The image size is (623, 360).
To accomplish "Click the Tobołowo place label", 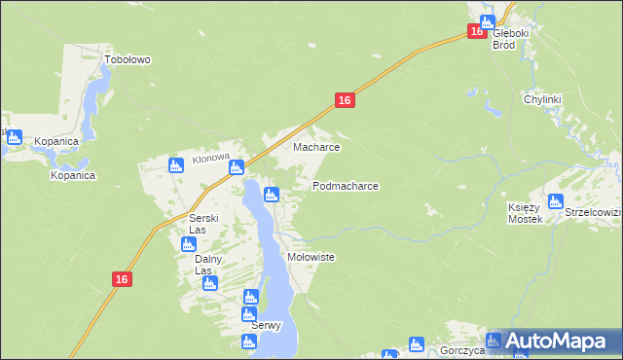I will click(x=128, y=59).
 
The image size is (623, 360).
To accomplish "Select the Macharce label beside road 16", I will click(x=316, y=148).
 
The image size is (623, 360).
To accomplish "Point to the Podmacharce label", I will click(x=345, y=185).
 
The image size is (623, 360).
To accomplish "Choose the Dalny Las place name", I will click(x=208, y=265).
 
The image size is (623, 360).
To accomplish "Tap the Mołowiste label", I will click(x=311, y=257).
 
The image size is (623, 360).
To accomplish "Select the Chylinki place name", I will click(x=544, y=99).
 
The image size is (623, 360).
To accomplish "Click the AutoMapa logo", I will click(x=552, y=342).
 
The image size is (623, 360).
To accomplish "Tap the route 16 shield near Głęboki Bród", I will click(x=475, y=31).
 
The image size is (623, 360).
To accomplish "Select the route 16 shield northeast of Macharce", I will click(x=344, y=100).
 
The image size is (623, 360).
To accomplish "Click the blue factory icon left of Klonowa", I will click(x=176, y=165).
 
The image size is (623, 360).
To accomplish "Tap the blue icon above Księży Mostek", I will click(x=555, y=202).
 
